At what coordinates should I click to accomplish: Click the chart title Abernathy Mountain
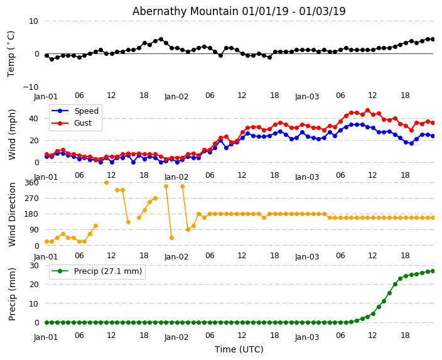tap(239, 11)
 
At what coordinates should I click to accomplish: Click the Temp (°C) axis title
tap(11, 53)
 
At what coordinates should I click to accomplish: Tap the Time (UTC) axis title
tap(239, 349)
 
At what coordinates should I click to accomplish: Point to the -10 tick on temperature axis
tap(30, 87)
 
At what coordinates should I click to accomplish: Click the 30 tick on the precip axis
tap(33, 265)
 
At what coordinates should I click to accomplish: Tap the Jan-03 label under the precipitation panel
tap(307, 337)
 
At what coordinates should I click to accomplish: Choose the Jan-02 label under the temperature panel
tap(176, 97)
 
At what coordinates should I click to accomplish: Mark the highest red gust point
tap(367, 111)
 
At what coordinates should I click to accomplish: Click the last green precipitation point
tap(433, 271)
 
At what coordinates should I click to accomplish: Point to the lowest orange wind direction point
tap(46, 241)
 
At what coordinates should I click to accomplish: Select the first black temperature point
tap(46, 55)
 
